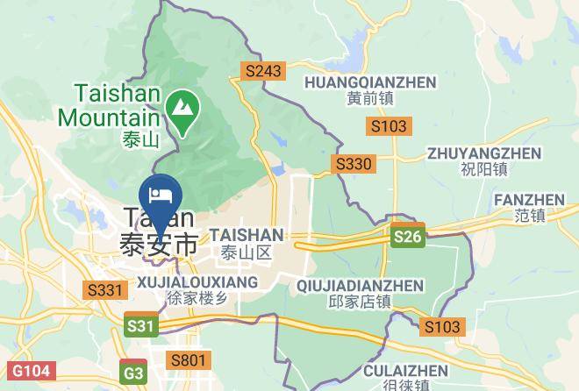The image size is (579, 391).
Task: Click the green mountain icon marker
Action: pos(183,109)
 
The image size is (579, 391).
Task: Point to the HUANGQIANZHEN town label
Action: pos(369,82)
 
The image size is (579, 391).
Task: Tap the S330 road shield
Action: pos(354,164)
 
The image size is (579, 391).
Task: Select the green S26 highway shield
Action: pos(408,237)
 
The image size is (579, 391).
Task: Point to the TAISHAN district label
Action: pos(247,235)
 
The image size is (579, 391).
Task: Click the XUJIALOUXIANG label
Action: pos(197,281)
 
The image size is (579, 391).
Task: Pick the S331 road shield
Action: pos(103,288)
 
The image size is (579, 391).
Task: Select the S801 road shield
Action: pos(189,359)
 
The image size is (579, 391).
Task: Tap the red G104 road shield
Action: pos(25,372)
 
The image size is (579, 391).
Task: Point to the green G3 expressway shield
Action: pos(133,372)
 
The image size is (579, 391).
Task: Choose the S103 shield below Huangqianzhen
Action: pos(389,126)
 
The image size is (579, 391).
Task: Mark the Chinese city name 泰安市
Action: pos(159,244)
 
